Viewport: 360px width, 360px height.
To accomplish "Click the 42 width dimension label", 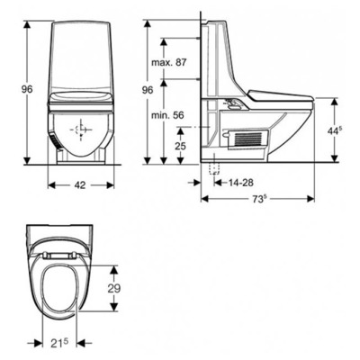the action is point(80,185).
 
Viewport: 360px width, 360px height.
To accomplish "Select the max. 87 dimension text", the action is point(169,62).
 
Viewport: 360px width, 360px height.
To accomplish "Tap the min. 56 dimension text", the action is point(167,115).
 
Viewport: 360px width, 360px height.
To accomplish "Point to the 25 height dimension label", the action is point(180,146).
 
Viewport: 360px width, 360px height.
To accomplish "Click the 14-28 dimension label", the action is point(241,182).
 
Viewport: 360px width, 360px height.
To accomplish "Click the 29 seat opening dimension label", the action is point(113,288).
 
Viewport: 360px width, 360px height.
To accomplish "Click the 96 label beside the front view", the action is point(27,89).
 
